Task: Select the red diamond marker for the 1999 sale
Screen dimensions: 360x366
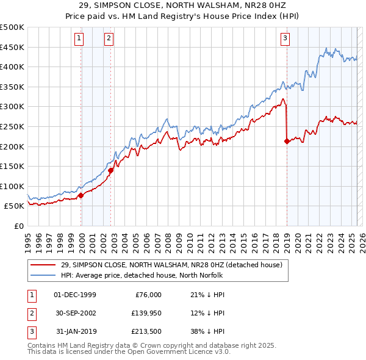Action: pyautogui.click(x=81, y=195)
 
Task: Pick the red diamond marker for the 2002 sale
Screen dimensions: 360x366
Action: pyautogui.click(x=111, y=170)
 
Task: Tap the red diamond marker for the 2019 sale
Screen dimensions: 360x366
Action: pyautogui.click(x=287, y=141)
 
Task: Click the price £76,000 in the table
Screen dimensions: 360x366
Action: pyautogui.click(x=148, y=295)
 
